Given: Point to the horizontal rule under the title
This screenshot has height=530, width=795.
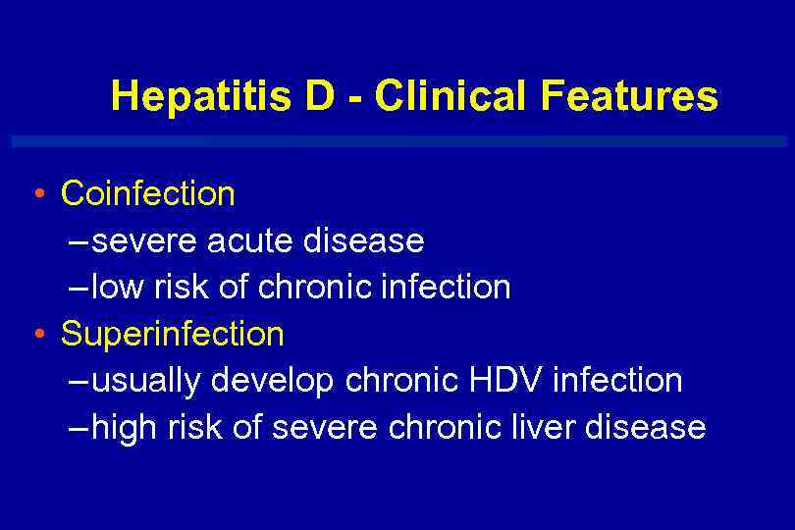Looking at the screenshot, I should click(397, 141).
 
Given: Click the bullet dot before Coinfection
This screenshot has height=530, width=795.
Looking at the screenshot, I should click(36, 192).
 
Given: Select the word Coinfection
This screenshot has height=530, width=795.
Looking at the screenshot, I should click(148, 193).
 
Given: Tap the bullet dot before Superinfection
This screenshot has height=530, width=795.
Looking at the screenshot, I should click(36, 334).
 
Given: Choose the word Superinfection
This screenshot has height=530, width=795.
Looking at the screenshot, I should click(173, 334).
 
